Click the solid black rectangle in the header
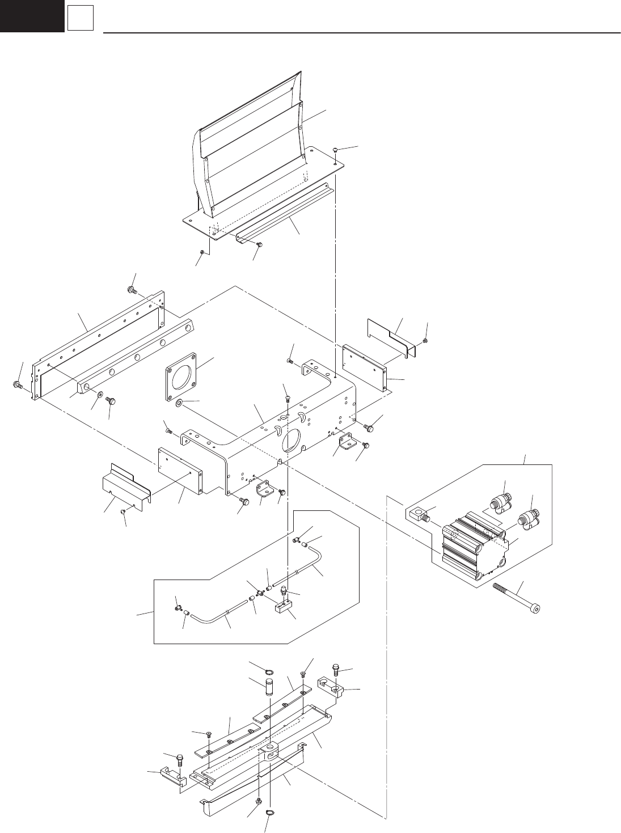coord(31,16)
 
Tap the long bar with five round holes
coord(136,357)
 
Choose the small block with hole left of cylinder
coord(418,515)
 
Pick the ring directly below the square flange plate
coord(179,403)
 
